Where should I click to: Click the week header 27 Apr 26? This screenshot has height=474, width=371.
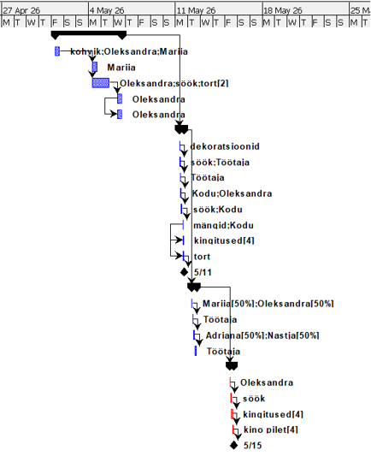(x=21, y=10)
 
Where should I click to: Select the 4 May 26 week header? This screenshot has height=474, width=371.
(x=107, y=10)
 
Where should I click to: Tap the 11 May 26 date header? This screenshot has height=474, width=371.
(x=197, y=10)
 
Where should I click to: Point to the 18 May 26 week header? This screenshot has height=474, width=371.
(x=285, y=10)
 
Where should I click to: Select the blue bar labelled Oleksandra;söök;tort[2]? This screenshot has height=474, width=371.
(x=100, y=83)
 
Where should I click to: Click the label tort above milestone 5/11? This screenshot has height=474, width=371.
(x=203, y=256)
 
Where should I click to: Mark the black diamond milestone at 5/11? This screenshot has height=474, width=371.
(x=184, y=271)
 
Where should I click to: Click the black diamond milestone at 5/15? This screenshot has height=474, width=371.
(x=233, y=446)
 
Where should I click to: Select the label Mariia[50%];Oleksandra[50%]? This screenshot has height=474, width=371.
(x=268, y=303)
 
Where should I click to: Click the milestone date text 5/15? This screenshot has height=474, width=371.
(x=253, y=446)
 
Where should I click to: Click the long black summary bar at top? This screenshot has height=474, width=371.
(x=89, y=34)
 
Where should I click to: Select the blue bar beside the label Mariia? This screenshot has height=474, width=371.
(x=95, y=67)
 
